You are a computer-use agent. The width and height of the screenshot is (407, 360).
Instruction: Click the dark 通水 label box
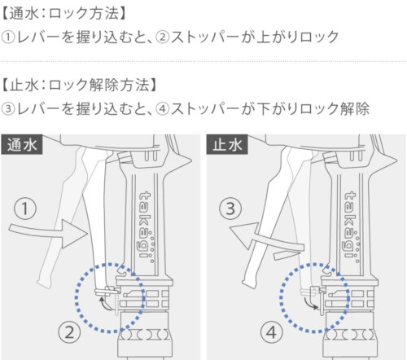[22, 144]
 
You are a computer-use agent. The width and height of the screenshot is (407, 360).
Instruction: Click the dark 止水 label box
[227, 144]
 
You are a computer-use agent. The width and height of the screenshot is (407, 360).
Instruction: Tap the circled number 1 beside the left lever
[25, 209]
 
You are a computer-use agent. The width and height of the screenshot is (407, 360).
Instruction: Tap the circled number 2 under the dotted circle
[69, 332]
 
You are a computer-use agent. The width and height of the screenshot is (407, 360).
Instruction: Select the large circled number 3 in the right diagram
[230, 209]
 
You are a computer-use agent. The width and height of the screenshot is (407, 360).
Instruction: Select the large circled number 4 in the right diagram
[272, 332]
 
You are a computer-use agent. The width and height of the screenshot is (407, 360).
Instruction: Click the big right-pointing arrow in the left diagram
[49, 234]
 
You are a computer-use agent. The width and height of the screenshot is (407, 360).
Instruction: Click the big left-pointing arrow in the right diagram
[267, 239]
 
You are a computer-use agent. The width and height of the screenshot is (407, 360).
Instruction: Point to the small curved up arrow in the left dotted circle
[105, 304]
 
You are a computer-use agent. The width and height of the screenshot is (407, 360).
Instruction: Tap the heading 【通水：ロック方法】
[63, 14]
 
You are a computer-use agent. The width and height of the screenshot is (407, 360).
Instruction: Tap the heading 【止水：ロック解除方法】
[79, 85]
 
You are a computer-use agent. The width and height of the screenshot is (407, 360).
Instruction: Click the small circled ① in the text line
[7, 37]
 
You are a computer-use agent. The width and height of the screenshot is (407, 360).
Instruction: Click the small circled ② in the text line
[163, 37]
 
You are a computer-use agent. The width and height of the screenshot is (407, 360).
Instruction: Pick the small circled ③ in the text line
[7, 109]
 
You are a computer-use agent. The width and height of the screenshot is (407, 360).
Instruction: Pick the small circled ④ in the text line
[163, 109]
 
